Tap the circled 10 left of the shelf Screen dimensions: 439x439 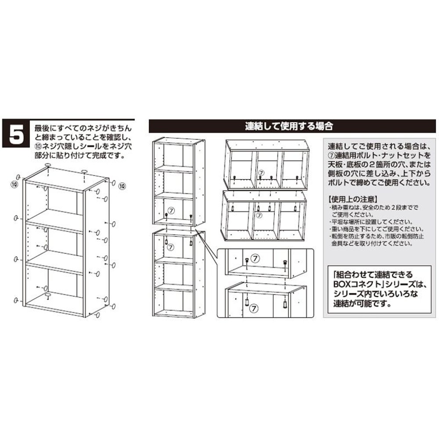14,184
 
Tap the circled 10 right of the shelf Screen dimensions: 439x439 122,186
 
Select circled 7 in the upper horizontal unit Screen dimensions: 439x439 261,173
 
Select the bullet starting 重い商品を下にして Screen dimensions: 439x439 376,229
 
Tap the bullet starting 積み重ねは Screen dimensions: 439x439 373,208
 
